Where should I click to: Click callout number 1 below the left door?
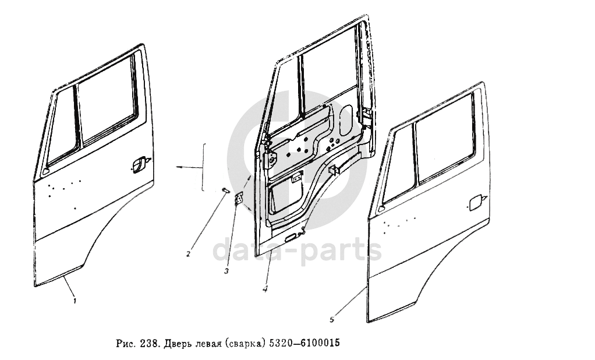click(75, 301)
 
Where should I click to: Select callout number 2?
click(188, 254)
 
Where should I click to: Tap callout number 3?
click(226, 271)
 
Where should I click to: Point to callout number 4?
click(265, 289)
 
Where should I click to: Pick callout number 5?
click(332, 320)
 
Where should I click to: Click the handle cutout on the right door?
click(476, 202)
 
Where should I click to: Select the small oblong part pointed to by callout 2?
click(225, 190)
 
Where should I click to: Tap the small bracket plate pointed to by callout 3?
click(239, 199)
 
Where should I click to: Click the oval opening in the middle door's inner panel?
click(346, 121)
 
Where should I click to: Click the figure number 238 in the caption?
click(148, 344)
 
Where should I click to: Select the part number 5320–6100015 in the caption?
click(304, 343)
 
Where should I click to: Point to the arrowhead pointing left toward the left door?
click(178, 167)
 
